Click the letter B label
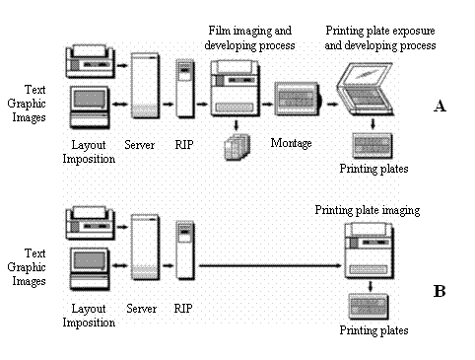440,291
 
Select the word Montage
292,144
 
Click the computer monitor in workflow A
90,106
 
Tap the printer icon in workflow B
88,220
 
